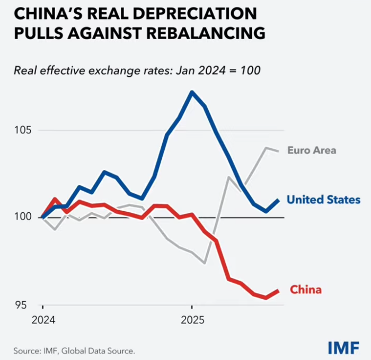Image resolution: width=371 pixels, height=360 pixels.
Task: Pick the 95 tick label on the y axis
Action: click(x=22, y=305)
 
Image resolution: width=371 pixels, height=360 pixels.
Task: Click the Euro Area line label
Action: click(x=312, y=150)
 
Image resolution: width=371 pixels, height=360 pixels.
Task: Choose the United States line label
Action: click(x=323, y=200)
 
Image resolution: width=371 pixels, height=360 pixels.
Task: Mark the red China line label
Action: click(x=306, y=290)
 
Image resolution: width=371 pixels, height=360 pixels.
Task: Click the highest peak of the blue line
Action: click(x=192, y=92)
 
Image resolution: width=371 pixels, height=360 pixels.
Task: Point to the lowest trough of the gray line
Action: click(x=205, y=263)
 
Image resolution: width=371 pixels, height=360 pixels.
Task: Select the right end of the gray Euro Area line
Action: click(x=279, y=150)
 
